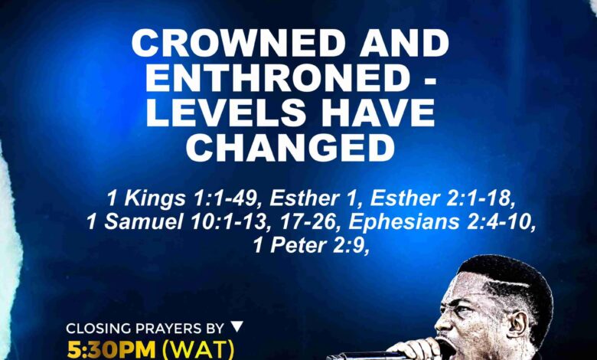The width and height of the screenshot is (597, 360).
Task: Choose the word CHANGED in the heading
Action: coord(290,148)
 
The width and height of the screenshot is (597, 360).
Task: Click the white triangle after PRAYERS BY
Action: coord(237,327)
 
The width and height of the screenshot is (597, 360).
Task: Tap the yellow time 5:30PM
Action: coord(110,349)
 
